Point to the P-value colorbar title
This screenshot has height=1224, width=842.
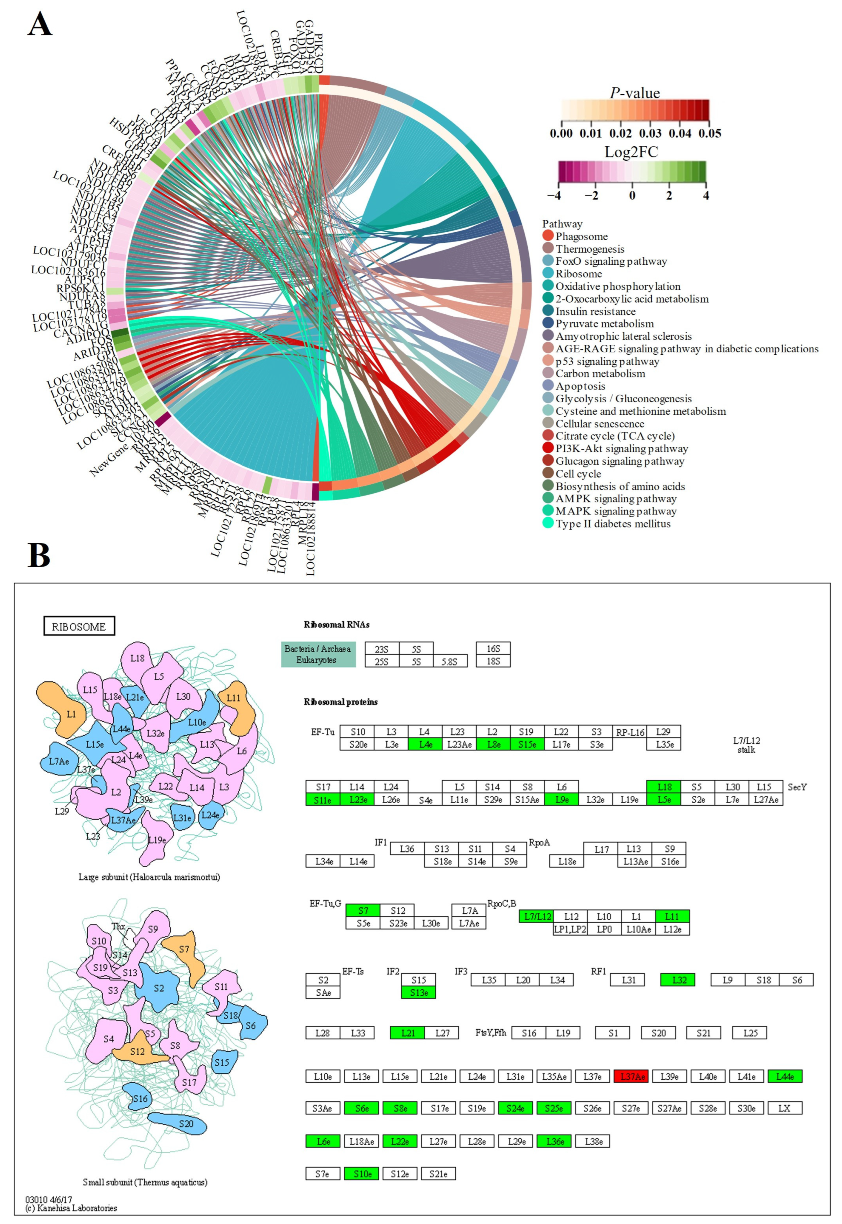(x=635, y=93)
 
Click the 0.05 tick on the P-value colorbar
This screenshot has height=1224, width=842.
(x=710, y=133)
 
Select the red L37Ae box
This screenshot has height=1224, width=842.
(x=631, y=1076)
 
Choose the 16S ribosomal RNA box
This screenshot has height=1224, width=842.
(x=493, y=648)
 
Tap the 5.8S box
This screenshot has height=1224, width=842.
(x=449, y=661)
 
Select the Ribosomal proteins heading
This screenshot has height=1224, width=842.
(x=340, y=702)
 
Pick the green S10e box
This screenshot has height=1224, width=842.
(x=362, y=1174)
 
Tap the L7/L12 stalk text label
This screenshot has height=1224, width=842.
(x=746, y=745)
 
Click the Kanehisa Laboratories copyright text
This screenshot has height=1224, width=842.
(x=71, y=1208)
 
